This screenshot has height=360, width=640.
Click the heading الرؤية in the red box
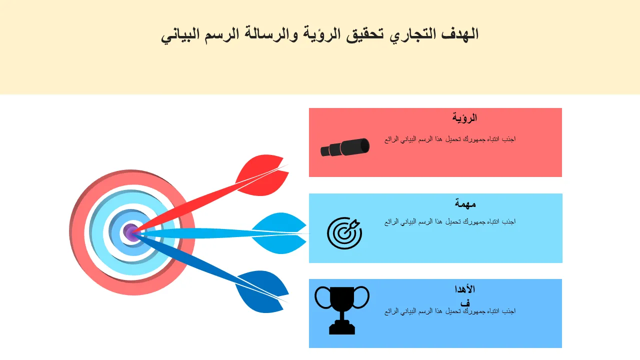464,117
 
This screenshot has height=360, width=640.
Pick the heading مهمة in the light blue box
465,203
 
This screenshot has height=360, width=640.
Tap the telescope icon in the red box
345,147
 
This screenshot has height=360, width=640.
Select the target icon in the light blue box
344,233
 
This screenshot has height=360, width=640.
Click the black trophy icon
342,310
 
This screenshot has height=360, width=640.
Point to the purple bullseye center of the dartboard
131,232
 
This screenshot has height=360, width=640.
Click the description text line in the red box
450,139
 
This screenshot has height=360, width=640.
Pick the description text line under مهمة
450,221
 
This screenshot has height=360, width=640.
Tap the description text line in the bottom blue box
450,311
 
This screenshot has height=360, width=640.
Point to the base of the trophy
342,328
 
